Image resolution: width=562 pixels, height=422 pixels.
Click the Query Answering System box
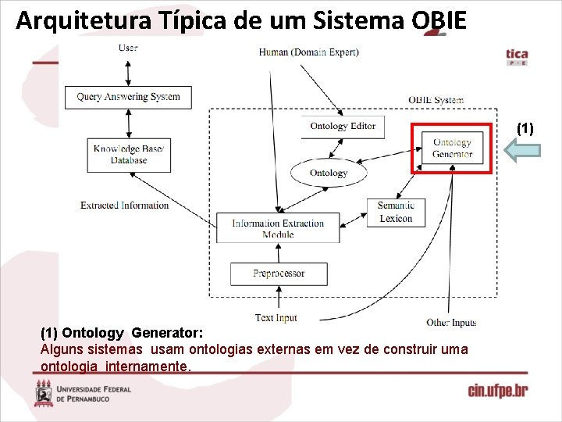coord(128,97)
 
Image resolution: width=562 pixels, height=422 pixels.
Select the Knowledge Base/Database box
coord(129,155)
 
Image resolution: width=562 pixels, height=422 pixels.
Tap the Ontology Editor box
coord(342,126)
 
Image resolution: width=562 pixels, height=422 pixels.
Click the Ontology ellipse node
coord(329,173)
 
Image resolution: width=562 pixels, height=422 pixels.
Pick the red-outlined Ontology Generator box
coord(453,148)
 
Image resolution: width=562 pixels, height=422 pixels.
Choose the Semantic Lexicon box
coord(396,212)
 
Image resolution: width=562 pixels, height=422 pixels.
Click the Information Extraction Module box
coord(278,227)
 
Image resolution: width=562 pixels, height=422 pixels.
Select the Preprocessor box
coord(279,274)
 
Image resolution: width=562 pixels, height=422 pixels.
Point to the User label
coord(128,48)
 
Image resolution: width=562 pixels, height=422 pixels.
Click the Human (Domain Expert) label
coord(309,52)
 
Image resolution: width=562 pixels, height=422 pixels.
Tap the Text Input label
coord(276,318)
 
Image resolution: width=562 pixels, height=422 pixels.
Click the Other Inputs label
coord(451,322)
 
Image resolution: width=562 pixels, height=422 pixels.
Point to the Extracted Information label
coord(124,206)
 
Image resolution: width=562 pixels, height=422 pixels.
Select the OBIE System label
coord(436,100)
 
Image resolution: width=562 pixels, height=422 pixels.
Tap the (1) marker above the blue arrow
coord(525,128)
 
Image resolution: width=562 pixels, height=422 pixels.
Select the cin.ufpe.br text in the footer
coord(497,391)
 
